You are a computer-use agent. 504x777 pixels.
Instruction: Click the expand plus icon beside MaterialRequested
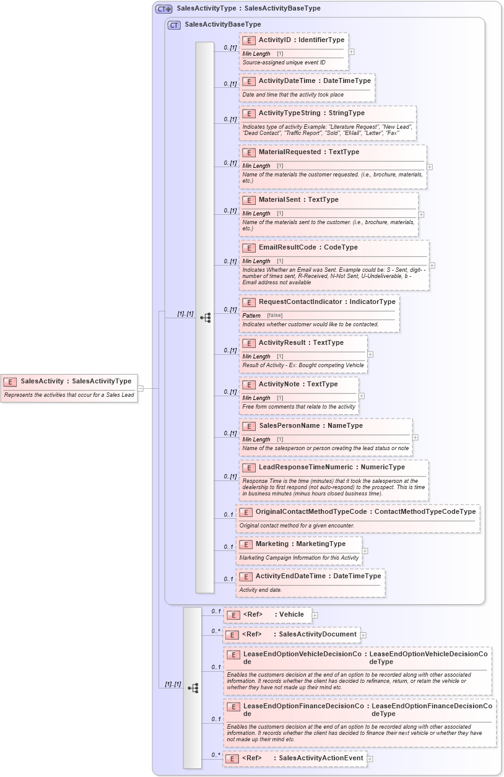pos(430,167)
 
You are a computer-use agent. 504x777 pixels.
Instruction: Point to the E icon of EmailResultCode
pos(249,248)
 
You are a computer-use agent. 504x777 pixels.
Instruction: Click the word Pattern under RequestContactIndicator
pos(251,316)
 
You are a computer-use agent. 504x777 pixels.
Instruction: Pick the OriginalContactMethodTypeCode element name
pos(311,512)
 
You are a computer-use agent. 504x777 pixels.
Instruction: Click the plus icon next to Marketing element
pos(365,550)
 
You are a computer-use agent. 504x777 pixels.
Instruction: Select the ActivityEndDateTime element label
pos(290,576)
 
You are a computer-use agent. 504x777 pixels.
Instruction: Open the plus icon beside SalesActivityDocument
pos(363,635)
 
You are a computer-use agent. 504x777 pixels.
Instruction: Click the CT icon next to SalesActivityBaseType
pos(174,25)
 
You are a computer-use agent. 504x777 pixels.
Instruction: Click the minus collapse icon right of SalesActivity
pos(141,388)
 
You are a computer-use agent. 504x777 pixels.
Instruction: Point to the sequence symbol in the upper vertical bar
pos(205,318)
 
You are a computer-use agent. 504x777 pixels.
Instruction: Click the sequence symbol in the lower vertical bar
pos(193,688)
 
